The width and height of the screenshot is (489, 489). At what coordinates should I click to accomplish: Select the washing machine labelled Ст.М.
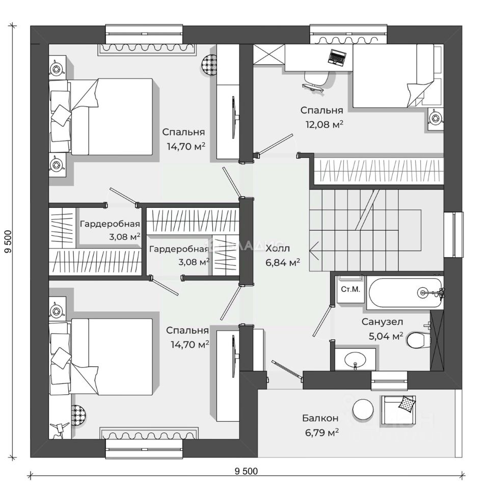click(x=350, y=290)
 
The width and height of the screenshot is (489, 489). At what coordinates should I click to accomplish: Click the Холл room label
click(x=278, y=249)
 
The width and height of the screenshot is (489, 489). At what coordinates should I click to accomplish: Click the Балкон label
click(x=320, y=418)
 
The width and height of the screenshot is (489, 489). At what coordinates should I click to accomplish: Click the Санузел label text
click(x=383, y=321)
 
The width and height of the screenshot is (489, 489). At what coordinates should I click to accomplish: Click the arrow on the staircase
click(x=314, y=249)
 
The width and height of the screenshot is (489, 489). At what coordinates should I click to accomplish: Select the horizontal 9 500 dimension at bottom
click(x=246, y=471)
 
